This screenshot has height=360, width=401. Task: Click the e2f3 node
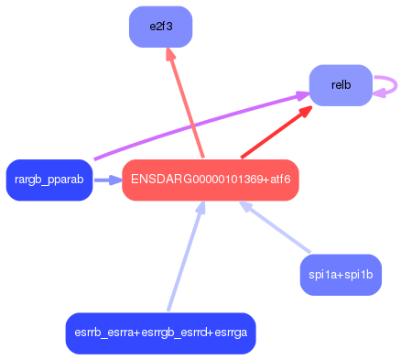point(160,26)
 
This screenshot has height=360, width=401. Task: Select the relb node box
point(341,85)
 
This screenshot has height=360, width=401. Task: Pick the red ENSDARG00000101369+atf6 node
point(211,180)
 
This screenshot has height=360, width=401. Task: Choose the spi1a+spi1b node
point(341,275)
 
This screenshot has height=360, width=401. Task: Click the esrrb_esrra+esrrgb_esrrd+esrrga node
point(160,333)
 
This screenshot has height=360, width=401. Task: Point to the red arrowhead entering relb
point(306,111)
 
